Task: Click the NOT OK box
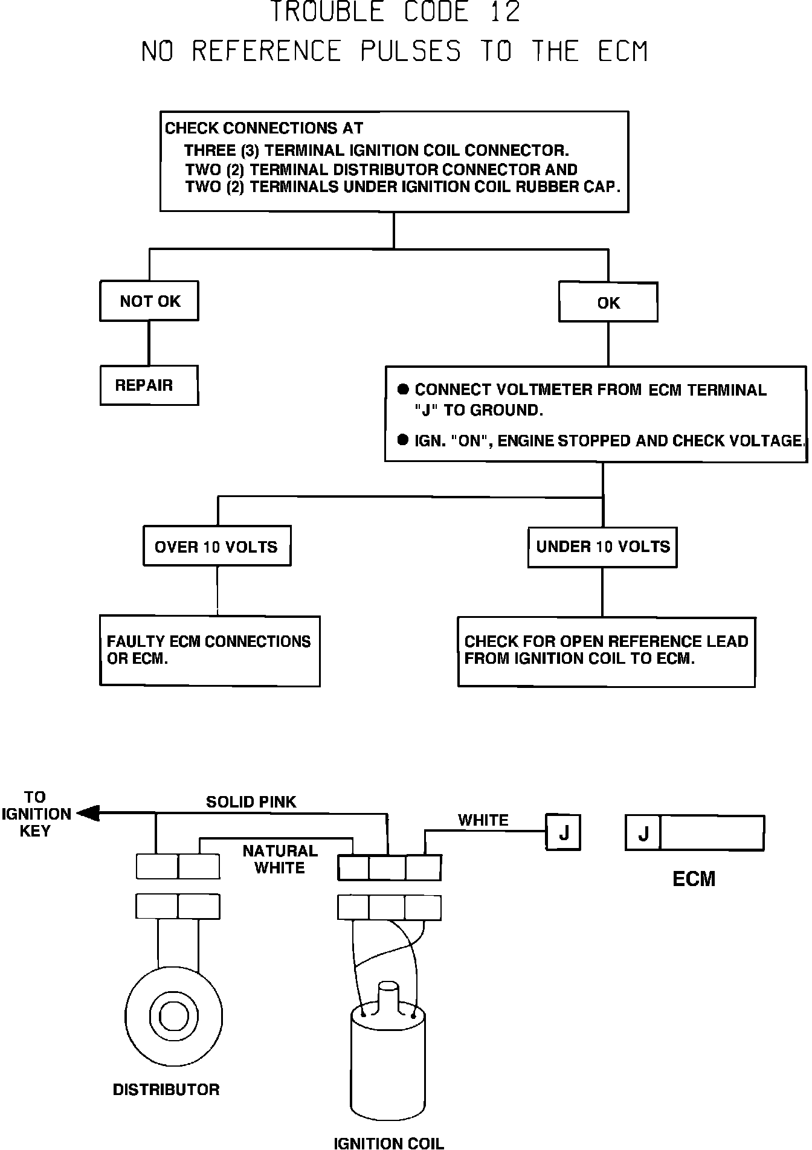point(149,301)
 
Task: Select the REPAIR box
point(149,385)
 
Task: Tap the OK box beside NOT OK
point(608,302)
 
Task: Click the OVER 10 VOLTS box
point(216,546)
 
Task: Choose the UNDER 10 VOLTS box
point(602,547)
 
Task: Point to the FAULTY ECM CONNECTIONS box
point(209,650)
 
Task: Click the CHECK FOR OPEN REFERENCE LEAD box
point(606,651)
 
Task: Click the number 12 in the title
point(505,13)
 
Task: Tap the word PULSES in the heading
point(410,51)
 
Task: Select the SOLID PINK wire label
point(251,801)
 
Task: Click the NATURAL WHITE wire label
point(280,859)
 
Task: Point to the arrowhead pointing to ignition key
point(88,814)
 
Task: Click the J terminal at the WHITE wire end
point(563,833)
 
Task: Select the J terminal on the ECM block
point(643,834)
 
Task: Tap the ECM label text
point(694,879)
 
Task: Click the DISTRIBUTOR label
point(166,1089)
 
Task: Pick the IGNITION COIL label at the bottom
point(388,1142)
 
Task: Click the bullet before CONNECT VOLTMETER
point(403,390)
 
